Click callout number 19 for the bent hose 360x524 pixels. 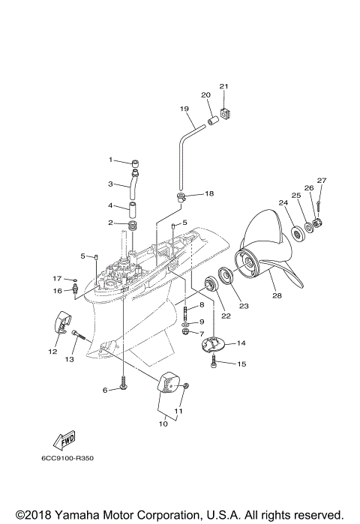[184, 109]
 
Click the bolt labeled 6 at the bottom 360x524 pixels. [121, 388]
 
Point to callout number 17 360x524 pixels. [56, 279]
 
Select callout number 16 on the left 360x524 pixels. [56, 291]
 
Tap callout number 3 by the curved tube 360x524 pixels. [109, 184]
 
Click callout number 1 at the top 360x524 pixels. [109, 160]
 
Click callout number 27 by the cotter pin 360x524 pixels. [321, 180]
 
